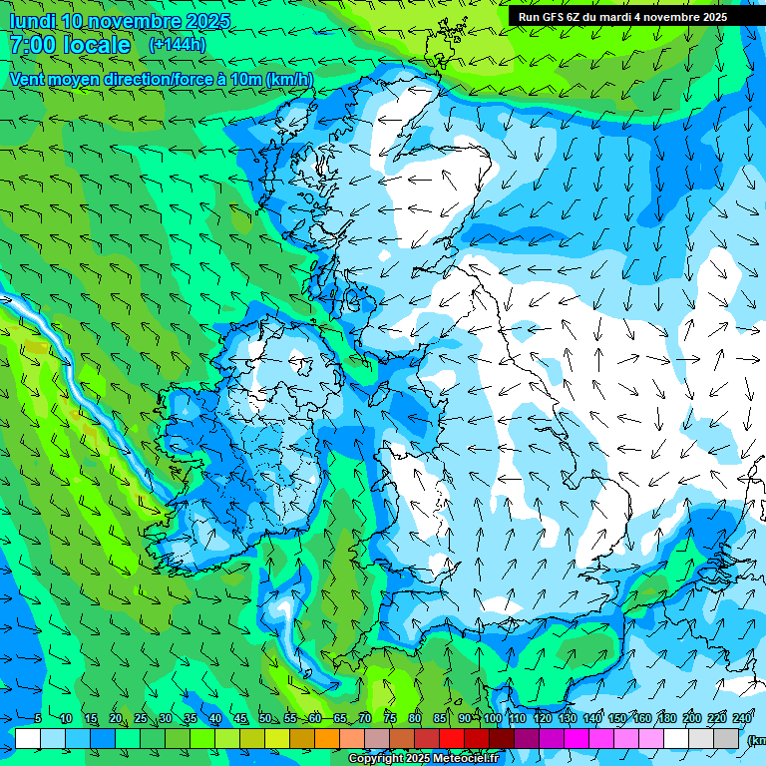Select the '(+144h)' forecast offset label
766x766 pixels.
point(177,44)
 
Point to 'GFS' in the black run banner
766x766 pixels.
point(553,16)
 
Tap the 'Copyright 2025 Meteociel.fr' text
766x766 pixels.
point(423,759)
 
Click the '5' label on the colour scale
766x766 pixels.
point(37,718)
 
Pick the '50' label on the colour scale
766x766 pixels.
point(265,718)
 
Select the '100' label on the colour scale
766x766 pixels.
point(492,718)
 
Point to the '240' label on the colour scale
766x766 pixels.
point(741,718)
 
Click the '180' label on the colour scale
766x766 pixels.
point(666,718)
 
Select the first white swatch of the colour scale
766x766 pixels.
point(28,738)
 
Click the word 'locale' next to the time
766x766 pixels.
point(96,45)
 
